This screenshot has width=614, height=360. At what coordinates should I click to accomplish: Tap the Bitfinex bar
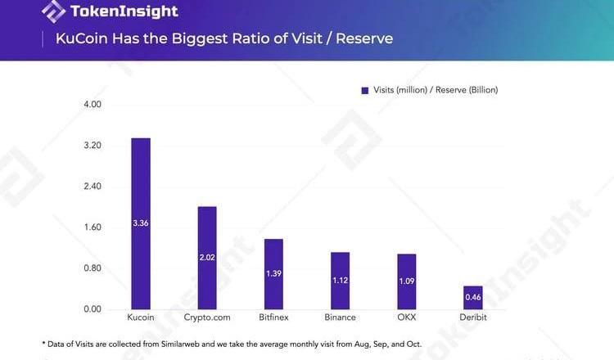click(x=273, y=274)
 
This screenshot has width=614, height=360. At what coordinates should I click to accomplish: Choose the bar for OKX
click(x=407, y=281)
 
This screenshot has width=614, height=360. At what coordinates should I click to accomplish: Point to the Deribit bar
click(x=473, y=298)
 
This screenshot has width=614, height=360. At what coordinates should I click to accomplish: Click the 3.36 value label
click(x=141, y=223)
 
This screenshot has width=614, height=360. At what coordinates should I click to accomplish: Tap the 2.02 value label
click(x=207, y=258)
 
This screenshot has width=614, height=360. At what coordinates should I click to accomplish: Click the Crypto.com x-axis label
click(x=207, y=317)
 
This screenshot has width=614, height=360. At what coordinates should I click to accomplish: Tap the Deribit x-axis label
click(x=473, y=317)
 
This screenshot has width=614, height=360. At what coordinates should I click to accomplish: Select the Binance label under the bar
click(x=341, y=317)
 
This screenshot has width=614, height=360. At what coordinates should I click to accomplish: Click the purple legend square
click(x=365, y=90)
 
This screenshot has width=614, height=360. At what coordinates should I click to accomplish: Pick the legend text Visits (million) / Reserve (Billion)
click(x=436, y=90)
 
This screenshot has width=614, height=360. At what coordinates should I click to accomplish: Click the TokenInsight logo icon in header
click(x=55, y=12)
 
